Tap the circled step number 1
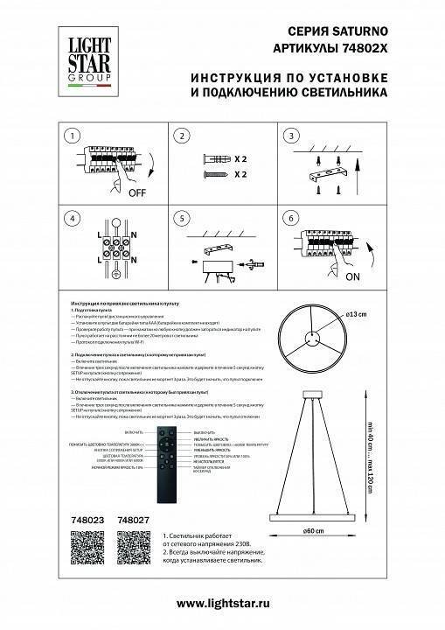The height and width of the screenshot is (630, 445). [73, 136]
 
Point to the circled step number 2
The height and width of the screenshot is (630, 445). [182, 136]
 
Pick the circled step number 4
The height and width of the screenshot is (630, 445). [73, 219]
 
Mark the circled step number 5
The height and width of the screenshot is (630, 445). [182, 219]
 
